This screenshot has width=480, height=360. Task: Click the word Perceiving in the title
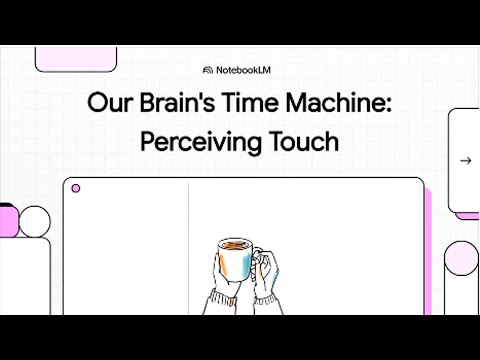point(190,141)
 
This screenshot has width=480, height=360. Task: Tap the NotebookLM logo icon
point(207,70)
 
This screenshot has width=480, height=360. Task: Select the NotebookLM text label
point(246,70)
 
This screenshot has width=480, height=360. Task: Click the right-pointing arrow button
point(465,160)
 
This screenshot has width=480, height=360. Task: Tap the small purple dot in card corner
point(76,188)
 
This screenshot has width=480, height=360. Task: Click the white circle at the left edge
point(35,221)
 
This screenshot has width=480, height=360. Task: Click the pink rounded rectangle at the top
point(69,58)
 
